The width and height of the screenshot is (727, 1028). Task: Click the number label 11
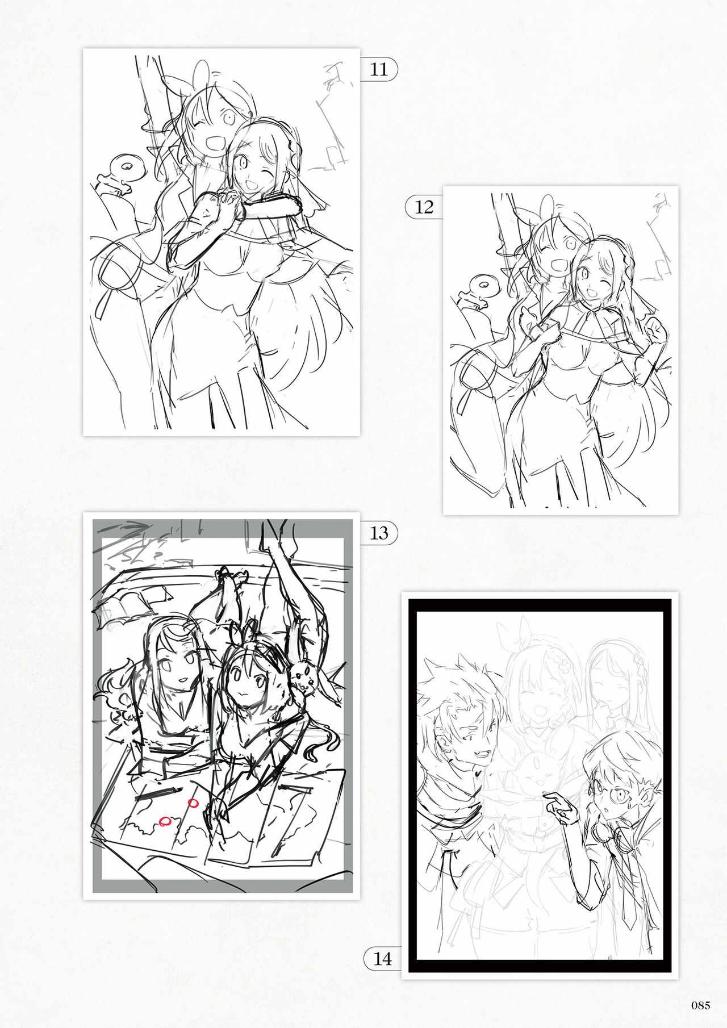click(x=378, y=69)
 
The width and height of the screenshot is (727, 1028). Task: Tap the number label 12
click(x=424, y=207)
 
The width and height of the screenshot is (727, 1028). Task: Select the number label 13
click(x=378, y=533)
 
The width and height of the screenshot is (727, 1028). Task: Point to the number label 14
click(x=383, y=959)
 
